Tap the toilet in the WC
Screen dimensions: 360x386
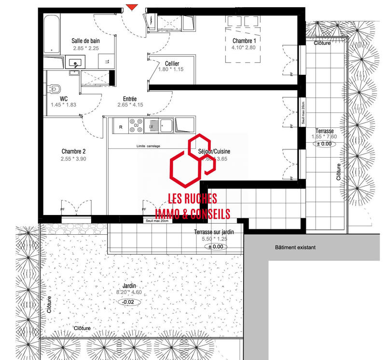click(x=55, y=89)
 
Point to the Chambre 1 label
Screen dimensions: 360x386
click(x=244, y=41)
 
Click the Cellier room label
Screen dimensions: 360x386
click(x=172, y=64)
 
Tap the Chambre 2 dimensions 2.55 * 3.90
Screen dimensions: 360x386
click(x=73, y=159)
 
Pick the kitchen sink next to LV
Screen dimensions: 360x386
click(x=166, y=125)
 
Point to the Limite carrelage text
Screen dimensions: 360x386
click(x=148, y=146)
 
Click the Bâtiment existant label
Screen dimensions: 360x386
click(x=295, y=248)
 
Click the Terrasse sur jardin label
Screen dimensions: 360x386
click(x=214, y=232)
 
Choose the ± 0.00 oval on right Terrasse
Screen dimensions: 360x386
click(x=323, y=144)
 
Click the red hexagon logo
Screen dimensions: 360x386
click(x=188, y=161)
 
